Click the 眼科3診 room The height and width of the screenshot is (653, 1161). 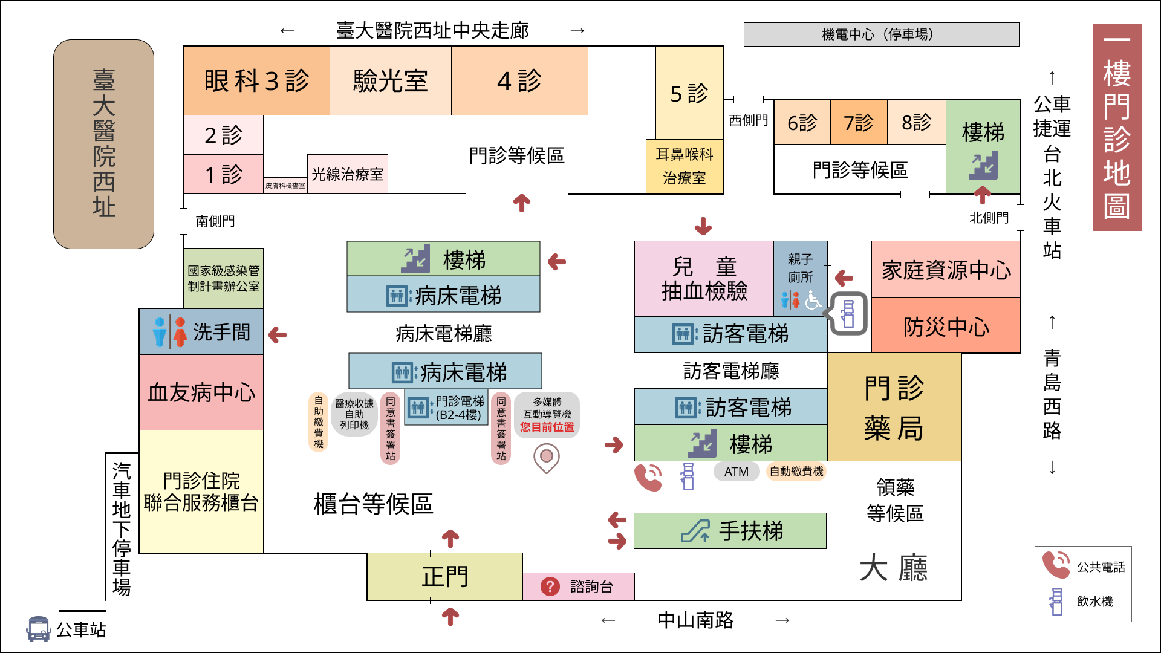[256, 80]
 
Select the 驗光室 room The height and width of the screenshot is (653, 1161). [390, 80]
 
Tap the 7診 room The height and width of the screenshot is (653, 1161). [859, 122]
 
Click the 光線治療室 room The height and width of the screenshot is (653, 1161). [348, 174]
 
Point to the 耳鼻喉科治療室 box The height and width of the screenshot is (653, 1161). [685, 166]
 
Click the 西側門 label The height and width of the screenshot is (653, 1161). [748, 120]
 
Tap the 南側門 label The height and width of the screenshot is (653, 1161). [215, 221]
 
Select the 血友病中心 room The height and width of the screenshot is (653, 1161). [201, 392]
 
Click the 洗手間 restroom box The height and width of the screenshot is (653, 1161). [201, 331]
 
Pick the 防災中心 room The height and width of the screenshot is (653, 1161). [946, 326]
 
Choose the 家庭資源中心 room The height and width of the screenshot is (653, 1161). [946, 270]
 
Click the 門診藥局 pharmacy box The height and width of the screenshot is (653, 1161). [894, 408]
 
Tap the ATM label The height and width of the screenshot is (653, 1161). [737, 472]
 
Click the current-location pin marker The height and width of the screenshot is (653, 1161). [547, 457]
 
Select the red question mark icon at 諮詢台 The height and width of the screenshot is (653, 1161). [550, 586]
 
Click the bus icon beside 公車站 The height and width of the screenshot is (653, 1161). [38, 629]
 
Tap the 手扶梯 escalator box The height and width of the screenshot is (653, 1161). [730, 531]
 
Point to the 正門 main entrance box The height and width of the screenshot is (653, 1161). [444, 576]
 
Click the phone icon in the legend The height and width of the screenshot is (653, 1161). [1056, 565]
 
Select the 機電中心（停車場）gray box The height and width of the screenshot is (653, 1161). [881, 34]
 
